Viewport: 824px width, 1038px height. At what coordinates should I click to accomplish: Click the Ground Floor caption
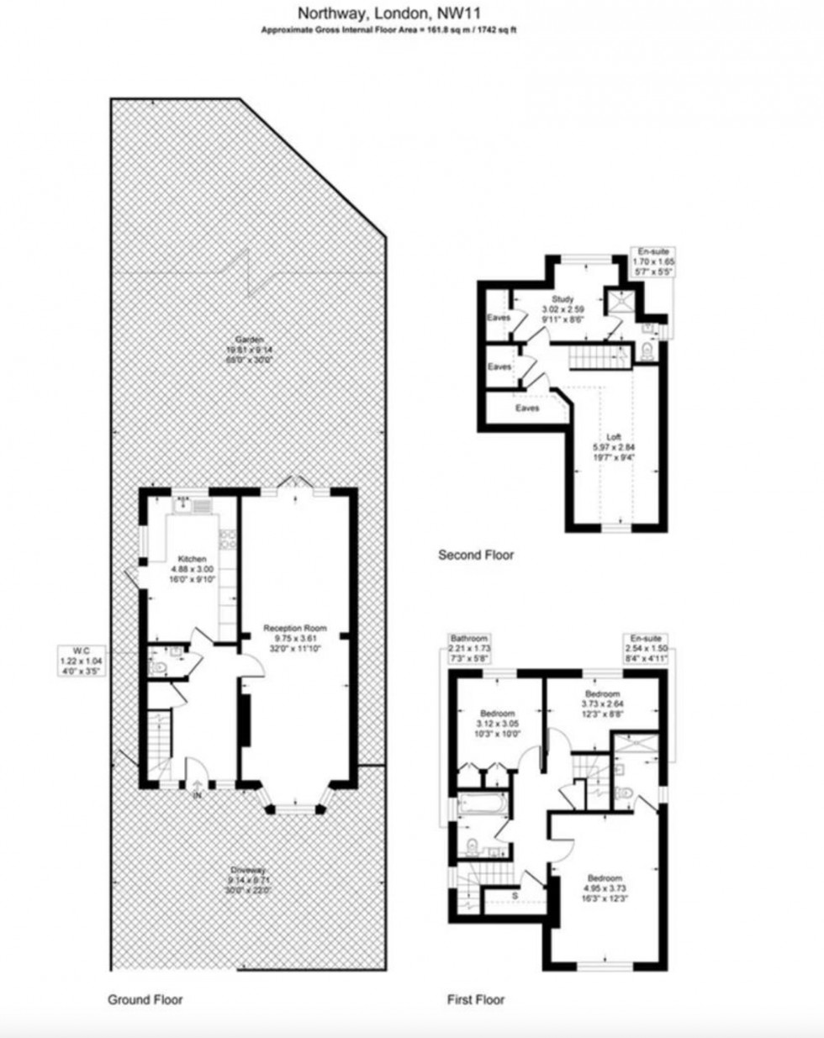coord(145,999)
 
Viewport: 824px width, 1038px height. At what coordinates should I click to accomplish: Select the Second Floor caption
coord(476,555)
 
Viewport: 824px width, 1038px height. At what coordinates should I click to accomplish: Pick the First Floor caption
coord(476,999)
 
